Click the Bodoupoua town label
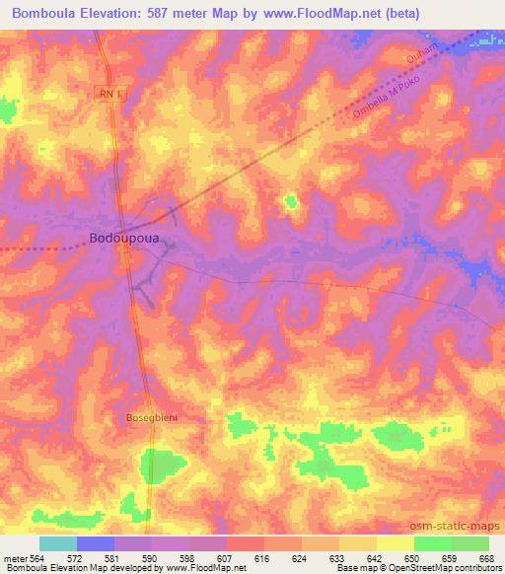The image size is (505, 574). click(x=126, y=238)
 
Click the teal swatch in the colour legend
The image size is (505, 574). click(x=58, y=543)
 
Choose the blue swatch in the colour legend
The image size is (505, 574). click(x=96, y=543)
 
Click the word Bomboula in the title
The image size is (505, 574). click(x=45, y=13)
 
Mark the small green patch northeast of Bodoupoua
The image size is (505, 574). click(x=290, y=202)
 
